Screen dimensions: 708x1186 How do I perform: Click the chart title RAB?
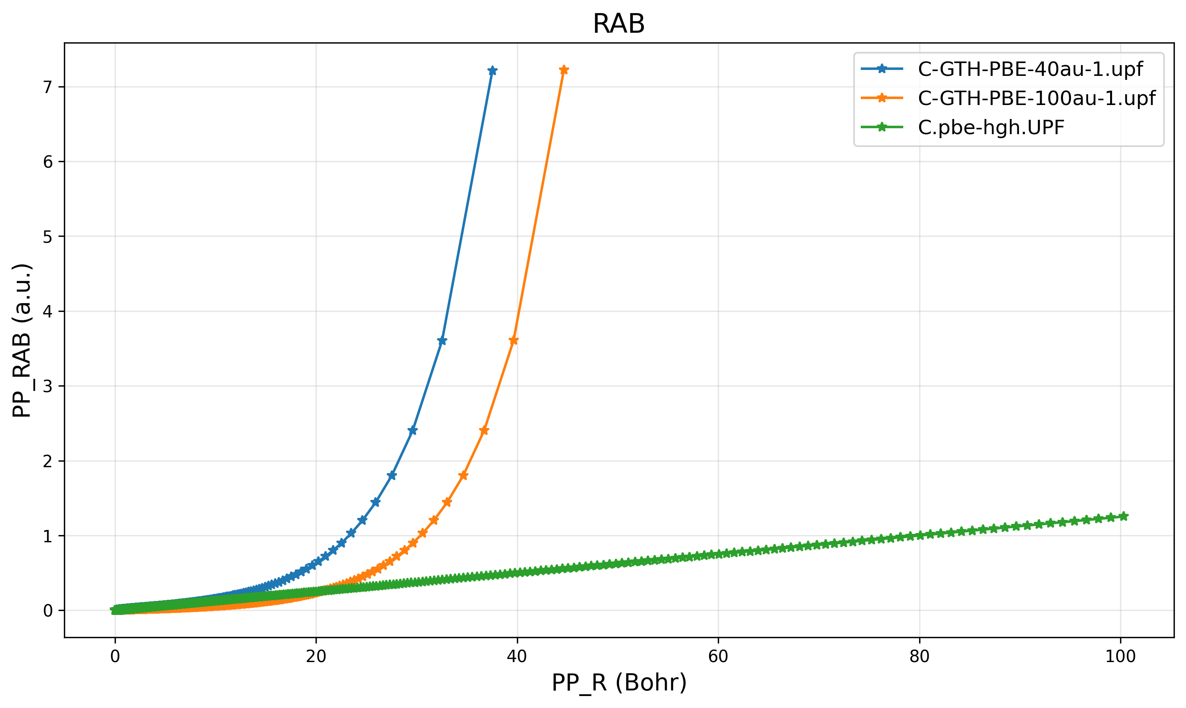618,24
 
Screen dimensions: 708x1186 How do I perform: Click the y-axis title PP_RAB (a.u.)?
22,340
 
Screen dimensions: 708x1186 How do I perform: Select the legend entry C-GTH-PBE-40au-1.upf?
1030,69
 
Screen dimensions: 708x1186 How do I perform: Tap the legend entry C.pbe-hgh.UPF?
991,127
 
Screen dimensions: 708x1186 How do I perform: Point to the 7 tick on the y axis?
48,87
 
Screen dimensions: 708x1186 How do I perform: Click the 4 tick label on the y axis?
48,311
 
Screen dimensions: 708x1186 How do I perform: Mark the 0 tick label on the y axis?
48,611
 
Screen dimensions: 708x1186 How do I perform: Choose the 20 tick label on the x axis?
316,657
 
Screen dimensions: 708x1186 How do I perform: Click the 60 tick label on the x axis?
718,657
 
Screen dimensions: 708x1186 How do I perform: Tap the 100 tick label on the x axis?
1120,657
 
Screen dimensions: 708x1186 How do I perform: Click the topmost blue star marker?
493,71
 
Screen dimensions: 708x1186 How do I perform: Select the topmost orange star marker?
564,70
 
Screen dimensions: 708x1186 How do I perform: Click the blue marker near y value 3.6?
442,341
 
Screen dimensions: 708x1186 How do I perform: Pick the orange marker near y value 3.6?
514,340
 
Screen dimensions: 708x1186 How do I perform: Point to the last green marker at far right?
1123,516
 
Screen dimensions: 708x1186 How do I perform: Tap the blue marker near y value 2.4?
413,430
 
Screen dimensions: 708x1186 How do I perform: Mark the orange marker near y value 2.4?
484,430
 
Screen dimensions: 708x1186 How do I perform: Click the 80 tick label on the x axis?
919,657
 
